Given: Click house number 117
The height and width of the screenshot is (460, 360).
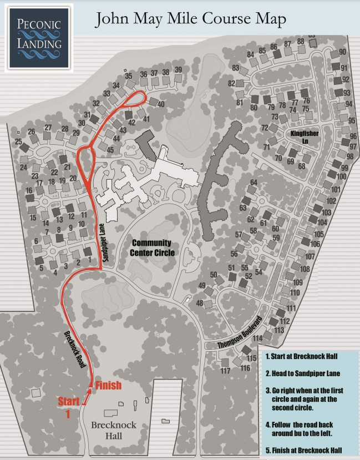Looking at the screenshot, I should click(x=225, y=370).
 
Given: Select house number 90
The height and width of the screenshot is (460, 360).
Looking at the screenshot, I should click(x=342, y=52).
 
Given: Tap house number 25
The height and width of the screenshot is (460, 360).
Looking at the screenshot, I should click(x=18, y=142).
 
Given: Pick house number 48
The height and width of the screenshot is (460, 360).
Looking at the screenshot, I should click(x=200, y=303).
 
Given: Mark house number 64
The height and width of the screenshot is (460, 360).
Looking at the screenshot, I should click(x=254, y=183).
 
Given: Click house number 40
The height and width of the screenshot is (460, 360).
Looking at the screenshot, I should click(x=161, y=104).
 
